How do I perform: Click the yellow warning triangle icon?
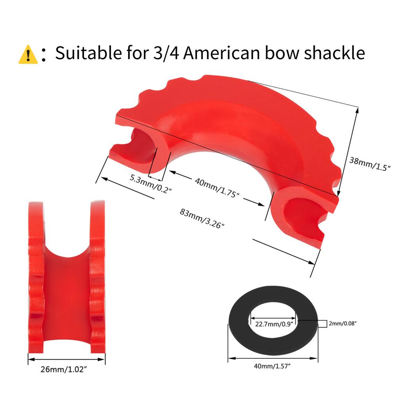click(x=28, y=54)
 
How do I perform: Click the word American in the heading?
click(x=221, y=53)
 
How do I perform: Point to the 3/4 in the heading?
click(x=166, y=53)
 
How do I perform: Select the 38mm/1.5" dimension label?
click(x=370, y=164)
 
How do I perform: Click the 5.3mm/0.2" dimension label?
click(x=150, y=184)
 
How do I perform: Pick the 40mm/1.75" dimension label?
click(x=217, y=188)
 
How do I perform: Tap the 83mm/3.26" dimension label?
click(x=202, y=219)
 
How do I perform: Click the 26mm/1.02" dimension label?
click(x=63, y=369)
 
